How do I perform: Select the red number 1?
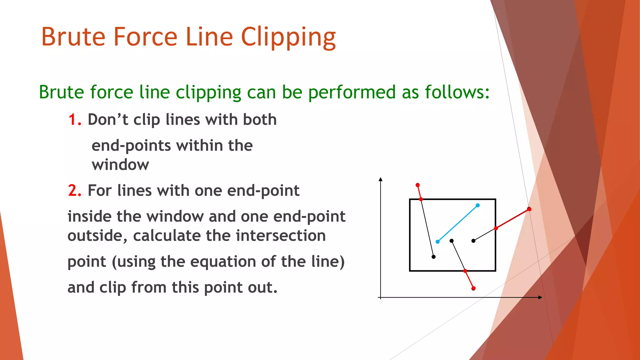[74, 120]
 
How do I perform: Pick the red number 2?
[74, 191]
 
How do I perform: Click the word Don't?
[108, 120]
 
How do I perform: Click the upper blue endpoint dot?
[477, 205]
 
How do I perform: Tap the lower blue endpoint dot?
[437, 242]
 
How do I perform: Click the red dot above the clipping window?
[417, 185]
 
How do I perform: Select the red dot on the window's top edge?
[421, 199]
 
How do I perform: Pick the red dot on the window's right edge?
[496, 228]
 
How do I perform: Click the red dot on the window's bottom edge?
[465, 271]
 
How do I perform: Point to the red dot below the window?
[473, 288]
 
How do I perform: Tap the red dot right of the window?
[529, 209]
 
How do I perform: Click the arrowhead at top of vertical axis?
[380, 179]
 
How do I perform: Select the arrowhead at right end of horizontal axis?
[540, 297]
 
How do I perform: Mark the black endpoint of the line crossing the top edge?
[433, 257]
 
